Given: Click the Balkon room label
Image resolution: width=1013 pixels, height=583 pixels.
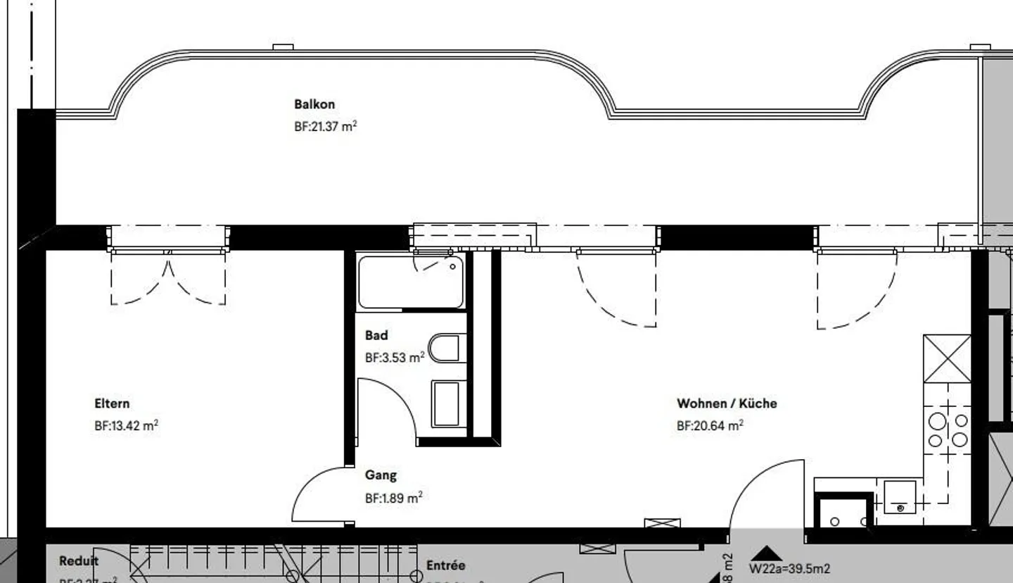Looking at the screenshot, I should click(314, 104).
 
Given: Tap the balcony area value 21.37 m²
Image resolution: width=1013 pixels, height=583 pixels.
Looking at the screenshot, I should click(325, 127).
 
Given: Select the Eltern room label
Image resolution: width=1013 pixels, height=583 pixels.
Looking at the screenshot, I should click(112, 403).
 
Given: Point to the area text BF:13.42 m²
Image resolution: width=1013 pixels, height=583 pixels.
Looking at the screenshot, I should click(126, 426).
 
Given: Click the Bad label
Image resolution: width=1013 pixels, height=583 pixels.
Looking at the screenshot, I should click(376, 335).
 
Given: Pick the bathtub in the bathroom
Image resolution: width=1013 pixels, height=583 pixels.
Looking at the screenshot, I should click(411, 282).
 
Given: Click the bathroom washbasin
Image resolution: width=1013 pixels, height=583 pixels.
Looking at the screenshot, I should click(446, 404).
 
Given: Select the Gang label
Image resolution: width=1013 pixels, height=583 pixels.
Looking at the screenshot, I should click(381, 475).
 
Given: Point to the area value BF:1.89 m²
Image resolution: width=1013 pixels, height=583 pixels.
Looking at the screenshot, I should click(393, 498).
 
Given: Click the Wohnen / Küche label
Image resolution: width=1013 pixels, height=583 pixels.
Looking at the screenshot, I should click(727, 403).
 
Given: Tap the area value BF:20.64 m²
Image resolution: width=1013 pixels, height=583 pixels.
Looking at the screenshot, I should click(710, 426).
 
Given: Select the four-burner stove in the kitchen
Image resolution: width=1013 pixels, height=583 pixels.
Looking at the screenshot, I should click(948, 430).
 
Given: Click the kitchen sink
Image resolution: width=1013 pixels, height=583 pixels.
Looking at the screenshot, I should click(900, 496).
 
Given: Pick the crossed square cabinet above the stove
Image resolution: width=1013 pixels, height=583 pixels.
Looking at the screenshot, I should click(947, 358).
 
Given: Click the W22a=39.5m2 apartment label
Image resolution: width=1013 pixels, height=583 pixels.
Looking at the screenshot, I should click(789, 569).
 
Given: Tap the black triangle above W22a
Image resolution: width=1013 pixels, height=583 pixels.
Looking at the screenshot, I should click(766, 553).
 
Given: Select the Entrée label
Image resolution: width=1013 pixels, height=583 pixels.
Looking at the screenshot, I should click(446, 565).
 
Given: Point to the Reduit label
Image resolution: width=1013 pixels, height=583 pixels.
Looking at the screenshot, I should click(79, 561).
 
